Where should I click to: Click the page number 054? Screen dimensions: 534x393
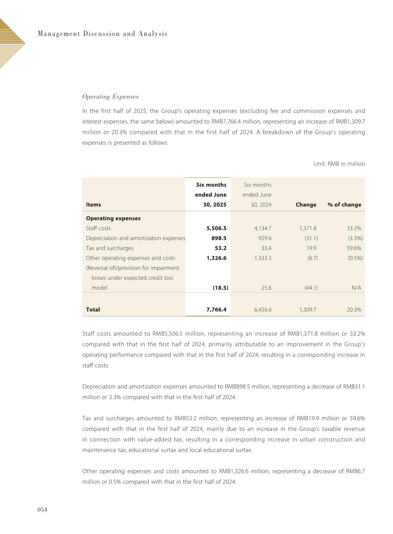[42, 510]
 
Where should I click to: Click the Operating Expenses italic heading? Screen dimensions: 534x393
[110, 97]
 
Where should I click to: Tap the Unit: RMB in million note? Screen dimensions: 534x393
[339, 164]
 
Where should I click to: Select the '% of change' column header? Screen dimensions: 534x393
[344, 205]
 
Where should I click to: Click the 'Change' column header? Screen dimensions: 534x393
[306, 205]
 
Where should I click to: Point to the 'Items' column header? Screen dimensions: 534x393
[93, 205]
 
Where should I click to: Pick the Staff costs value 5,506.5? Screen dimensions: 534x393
[216, 228]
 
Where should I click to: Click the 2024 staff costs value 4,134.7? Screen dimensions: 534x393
[263, 228]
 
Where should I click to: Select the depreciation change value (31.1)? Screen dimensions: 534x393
[311, 238]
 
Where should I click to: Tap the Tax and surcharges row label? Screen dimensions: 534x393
[110, 248]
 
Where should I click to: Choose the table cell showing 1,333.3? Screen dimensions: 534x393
[263, 258]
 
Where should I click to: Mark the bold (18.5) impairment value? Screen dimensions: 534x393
[220, 288]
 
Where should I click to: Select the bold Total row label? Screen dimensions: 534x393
[93, 309]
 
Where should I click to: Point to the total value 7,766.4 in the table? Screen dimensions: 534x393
[216, 309]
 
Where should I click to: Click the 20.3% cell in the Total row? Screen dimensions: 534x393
[354, 309]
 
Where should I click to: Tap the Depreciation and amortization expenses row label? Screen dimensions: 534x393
[135, 238]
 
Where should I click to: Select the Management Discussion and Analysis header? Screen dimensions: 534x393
[102, 34]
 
